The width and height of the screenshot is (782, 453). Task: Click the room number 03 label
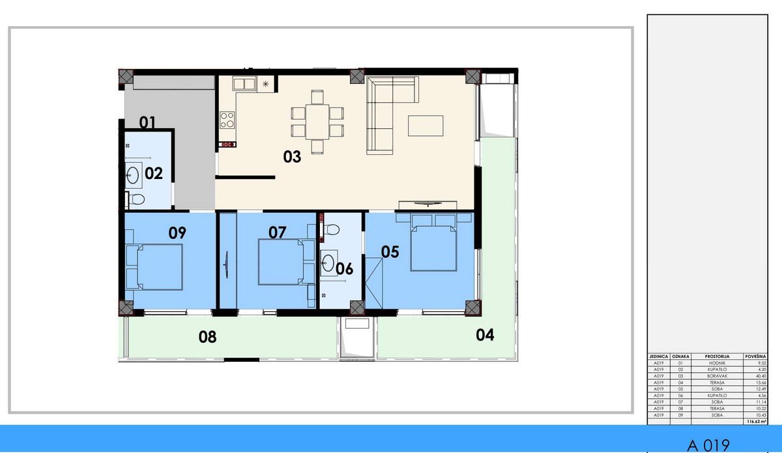tap(292, 157)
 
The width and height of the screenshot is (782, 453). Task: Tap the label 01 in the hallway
tap(147, 122)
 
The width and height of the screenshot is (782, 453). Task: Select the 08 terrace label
tap(208, 337)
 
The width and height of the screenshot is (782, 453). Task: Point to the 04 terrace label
tap(485, 335)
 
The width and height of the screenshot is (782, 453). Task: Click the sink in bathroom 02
tap(134, 174)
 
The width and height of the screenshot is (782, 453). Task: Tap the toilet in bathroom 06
tap(331, 230)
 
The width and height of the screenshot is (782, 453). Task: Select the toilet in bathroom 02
tap(136, 199)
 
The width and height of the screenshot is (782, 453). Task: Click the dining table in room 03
tap(317, 122)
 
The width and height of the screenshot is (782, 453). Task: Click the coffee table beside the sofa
tap(426, 126)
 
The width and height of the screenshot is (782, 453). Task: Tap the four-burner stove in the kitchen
tap(227, 120)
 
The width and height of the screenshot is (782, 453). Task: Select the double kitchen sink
tap(244, 84)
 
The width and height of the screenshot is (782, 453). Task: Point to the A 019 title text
tap(708, 445)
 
